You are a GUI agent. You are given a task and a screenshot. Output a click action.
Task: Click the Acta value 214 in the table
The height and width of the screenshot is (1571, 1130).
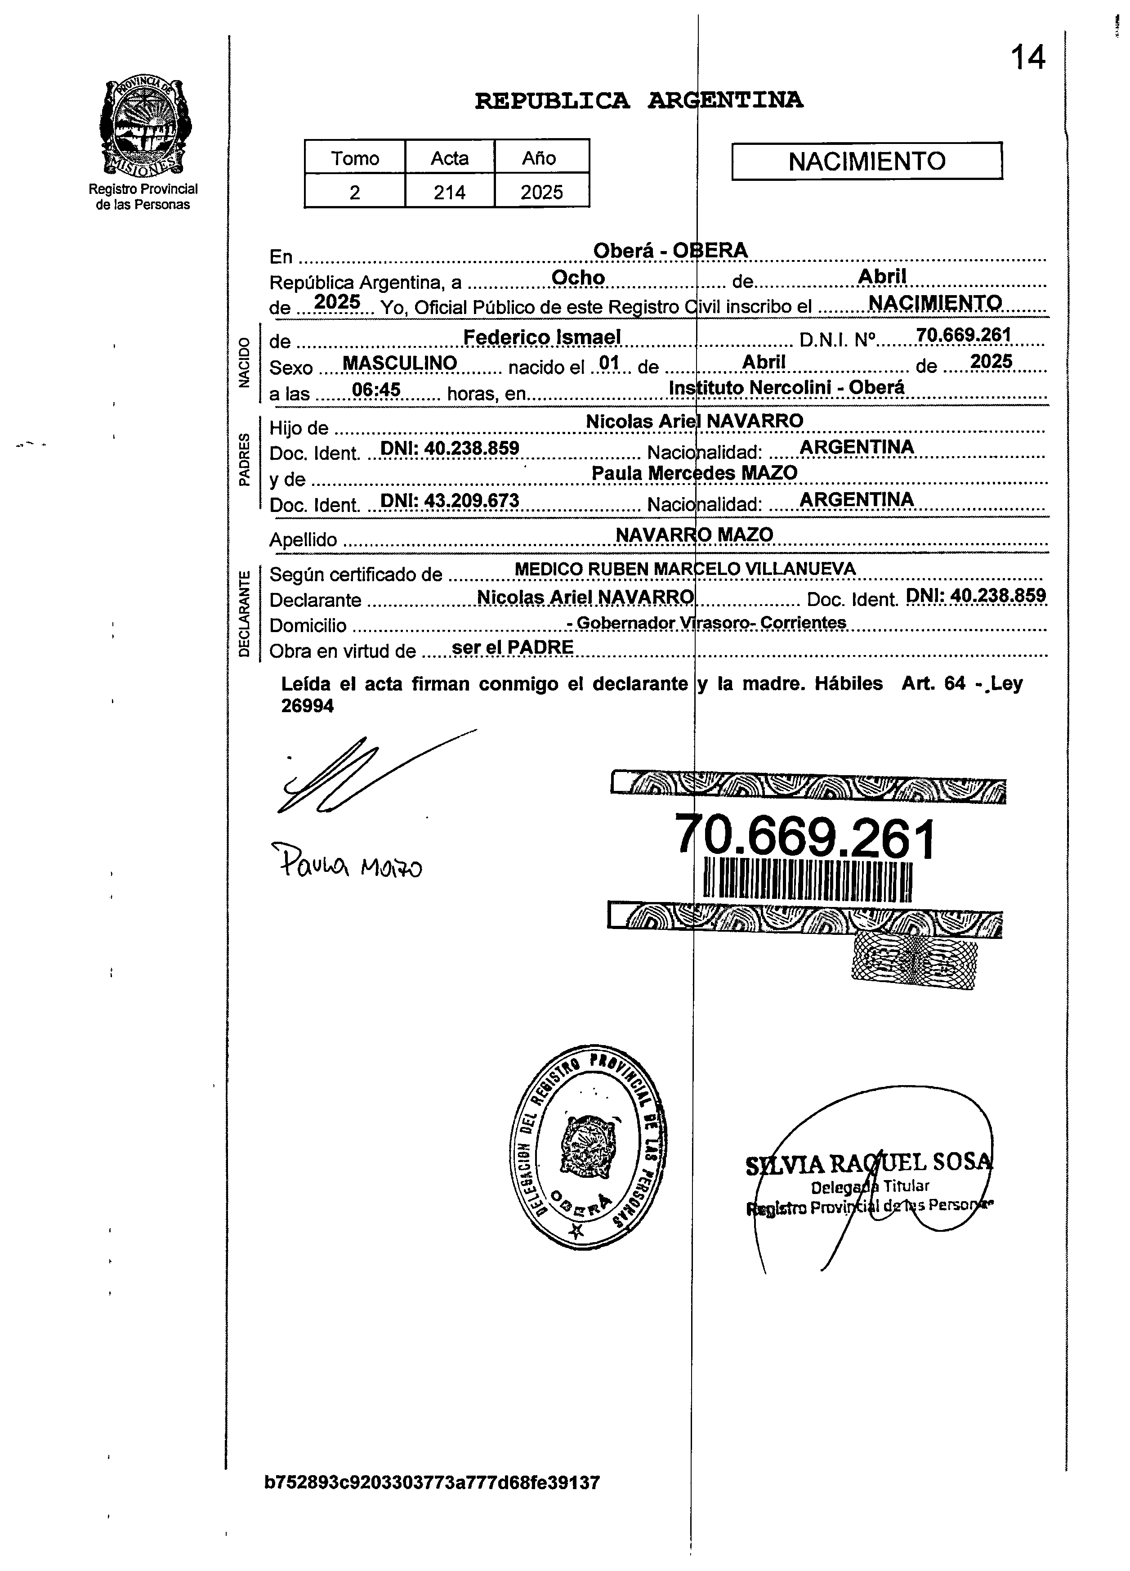pyautogui.click(x=449, y=192)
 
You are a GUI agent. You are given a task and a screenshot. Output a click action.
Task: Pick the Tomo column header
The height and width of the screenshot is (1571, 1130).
pyautogui.click(x=354, y=158)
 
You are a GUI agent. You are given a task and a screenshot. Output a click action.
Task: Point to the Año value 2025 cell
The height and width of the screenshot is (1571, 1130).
pyautogui.click(x=541, y=192)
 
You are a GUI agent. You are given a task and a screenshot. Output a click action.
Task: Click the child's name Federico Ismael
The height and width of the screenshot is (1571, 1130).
pyautogui.click(x=541, y=337)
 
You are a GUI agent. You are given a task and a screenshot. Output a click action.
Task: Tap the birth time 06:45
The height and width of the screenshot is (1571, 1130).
pyautogui.click(x=376, y=390)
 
